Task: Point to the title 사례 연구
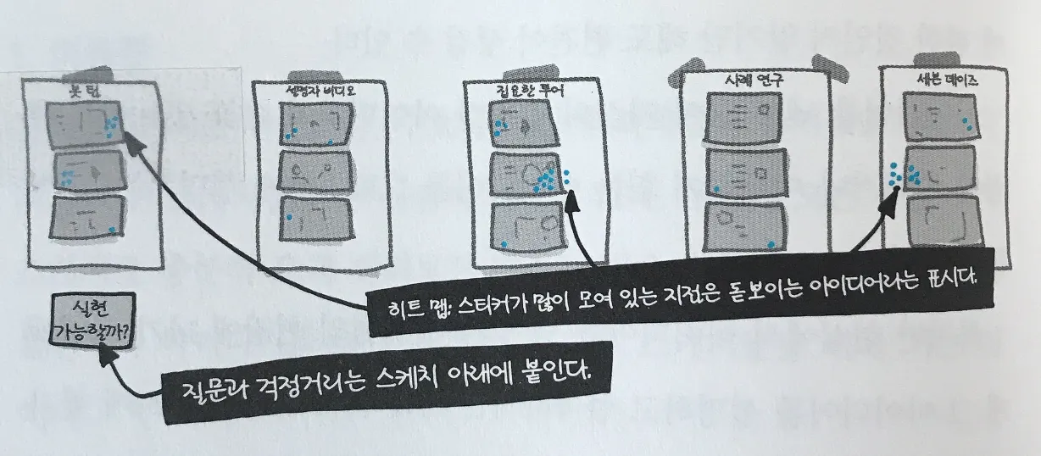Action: coord(735,81)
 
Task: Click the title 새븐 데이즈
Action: coord(944,81)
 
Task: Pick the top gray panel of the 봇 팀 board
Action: coord(84,125)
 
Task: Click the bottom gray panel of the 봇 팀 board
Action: coord(84,219)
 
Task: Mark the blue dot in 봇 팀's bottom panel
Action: coord(112,230)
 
